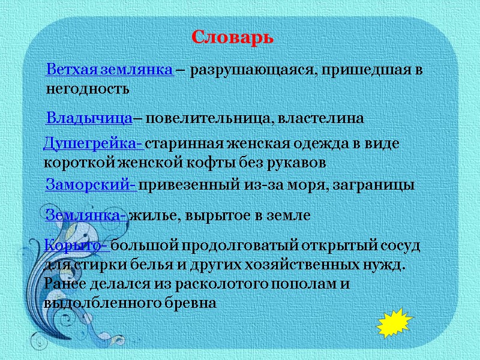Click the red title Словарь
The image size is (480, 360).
click(x=232, y=37)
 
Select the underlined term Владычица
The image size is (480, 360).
click(x=89, y=118)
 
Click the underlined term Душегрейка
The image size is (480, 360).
click(x=92, y=145)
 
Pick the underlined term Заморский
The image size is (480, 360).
click(x=90, y=185)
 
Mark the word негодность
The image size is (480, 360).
click(x=88, y=89)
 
